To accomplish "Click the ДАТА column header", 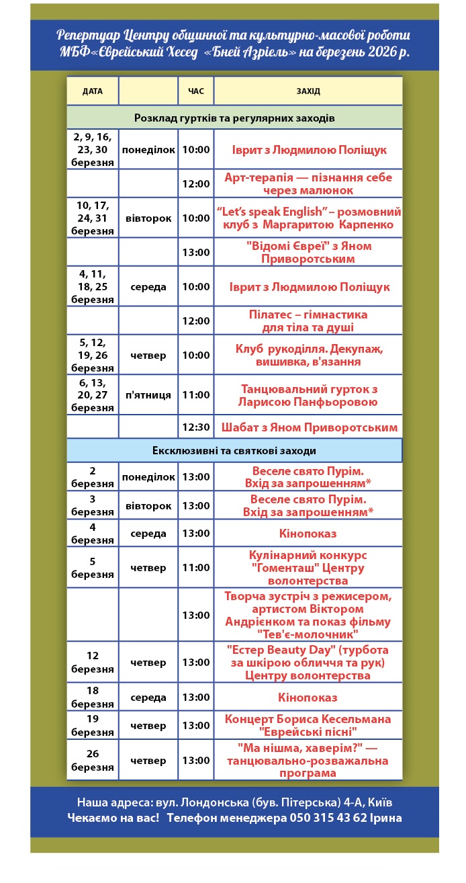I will (x=93, y=91).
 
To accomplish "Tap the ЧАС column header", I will (x=196, y=91).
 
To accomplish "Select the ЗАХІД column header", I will (x=308, y=91).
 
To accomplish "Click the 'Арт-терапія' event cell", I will (x=308, y=183).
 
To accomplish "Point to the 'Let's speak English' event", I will (x=308, y=218).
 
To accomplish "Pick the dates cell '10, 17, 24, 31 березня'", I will (x=93, y=218).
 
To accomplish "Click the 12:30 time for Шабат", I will (x=196, y=427).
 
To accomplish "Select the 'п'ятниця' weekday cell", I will (x=148, y=394).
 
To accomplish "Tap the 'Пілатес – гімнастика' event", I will (x=308, y=321).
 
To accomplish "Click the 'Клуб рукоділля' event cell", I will (x=308, y=355).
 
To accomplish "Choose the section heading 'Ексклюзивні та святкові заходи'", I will (x=234, y=450).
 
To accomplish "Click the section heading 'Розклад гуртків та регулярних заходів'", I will (x=234, y=118).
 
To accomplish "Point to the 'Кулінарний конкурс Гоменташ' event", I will (x=308, y=568).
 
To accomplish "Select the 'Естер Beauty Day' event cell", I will (x=308, y=663).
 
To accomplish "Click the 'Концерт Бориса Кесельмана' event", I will (x=308, y=725).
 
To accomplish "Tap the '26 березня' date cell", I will (x=93, y=760).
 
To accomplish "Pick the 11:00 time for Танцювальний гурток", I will (x=196, y=394).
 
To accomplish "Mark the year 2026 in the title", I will (x=369, y=51).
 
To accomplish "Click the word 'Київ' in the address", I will (x=379, y=802).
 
